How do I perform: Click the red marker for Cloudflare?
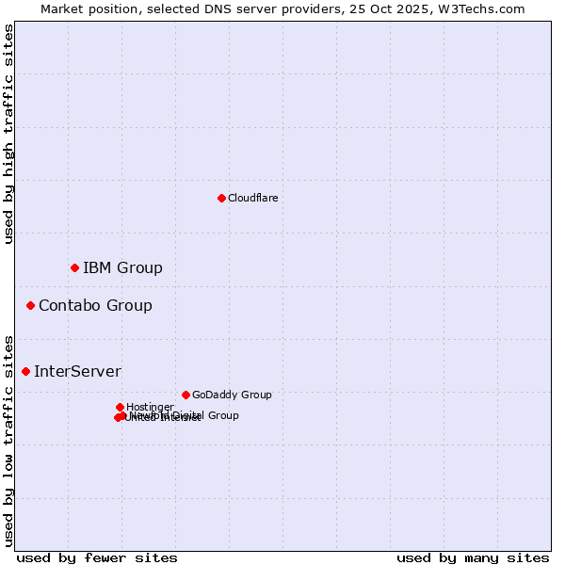(221, 198)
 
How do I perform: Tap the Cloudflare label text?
(252, 198)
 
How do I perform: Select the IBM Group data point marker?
(74, 268)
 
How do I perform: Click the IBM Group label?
(122, 268)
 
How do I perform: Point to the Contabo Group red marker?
(30, 305)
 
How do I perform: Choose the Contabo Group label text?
(95, 305)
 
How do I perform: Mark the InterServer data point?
(25, 371)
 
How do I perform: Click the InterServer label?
(77, 371)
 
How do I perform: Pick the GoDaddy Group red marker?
(186, 395)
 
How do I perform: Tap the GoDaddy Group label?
(232, 395)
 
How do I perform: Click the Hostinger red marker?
(120, 407)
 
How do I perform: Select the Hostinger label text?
(150, 407)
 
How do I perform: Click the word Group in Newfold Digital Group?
(223, 415)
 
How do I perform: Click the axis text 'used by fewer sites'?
(97, 557)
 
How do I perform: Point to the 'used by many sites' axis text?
(473, 557)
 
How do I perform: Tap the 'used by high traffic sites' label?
(8, 134)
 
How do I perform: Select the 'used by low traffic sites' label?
(8, 440)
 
